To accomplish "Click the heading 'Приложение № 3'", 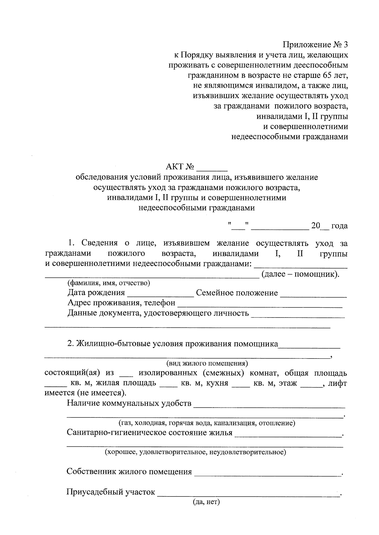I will point(316,44).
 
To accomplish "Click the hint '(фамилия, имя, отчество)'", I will point(109,283).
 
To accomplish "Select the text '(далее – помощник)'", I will point(300,274).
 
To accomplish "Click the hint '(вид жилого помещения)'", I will point(207,363).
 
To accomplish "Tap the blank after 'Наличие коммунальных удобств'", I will point(269,404).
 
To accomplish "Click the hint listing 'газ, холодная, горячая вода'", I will point(207,423).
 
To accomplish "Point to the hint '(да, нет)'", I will point(206,502).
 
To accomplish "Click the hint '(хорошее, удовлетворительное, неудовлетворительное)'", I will point(196,452).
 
